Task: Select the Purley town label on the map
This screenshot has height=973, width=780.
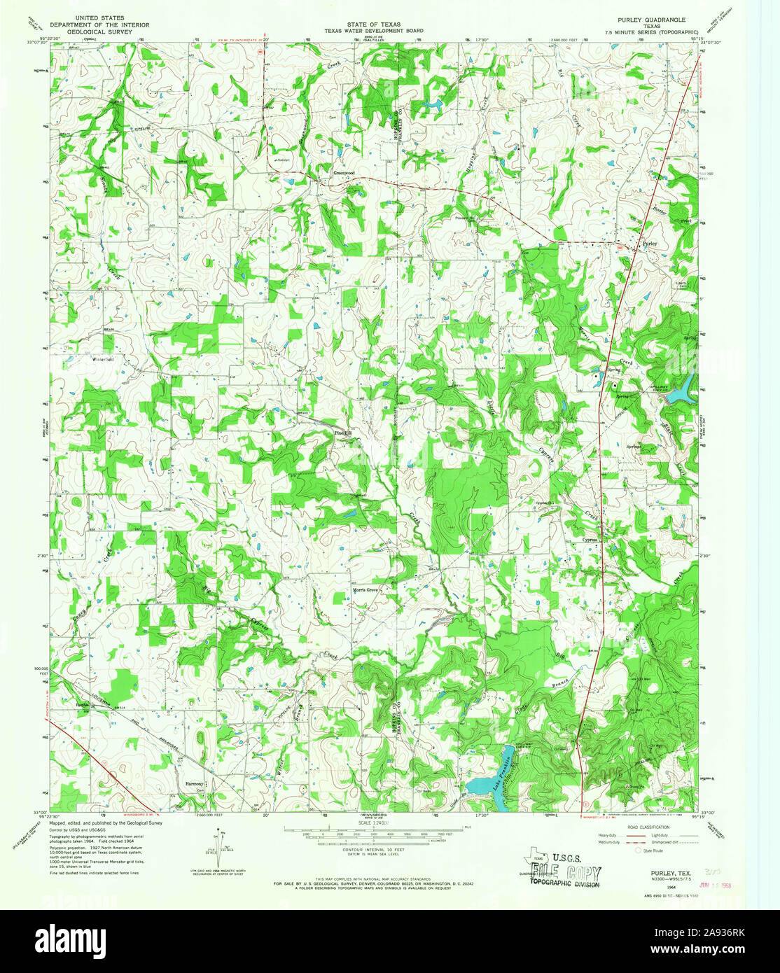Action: coord(650,244)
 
